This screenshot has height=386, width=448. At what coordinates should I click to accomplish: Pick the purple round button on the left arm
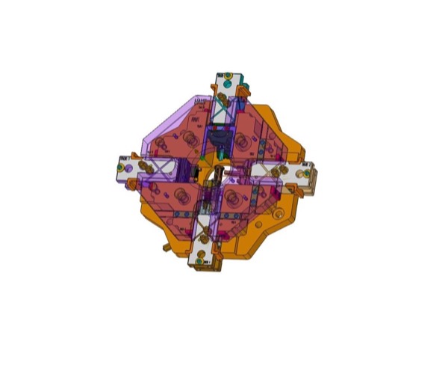click(132, 180)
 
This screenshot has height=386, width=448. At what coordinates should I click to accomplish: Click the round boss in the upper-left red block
click(184, 138)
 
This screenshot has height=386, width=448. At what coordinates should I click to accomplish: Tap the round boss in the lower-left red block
click(181, 196)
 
